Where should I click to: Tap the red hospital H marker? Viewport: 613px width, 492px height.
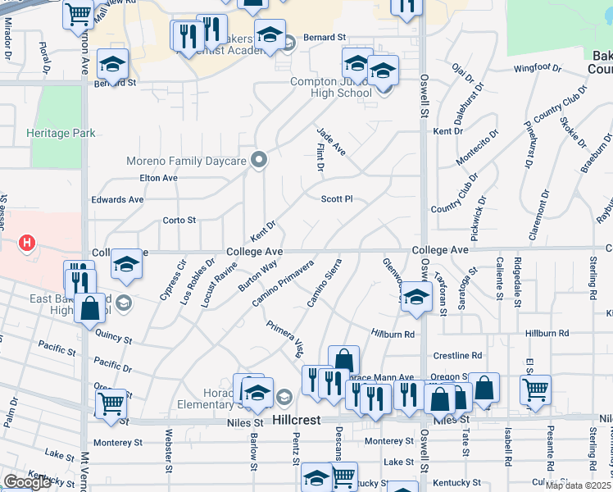click(x=27, y=243)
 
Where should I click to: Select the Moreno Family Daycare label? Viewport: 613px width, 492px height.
click(x=186, y=161)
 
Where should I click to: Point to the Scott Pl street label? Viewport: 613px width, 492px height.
click(x=337, y=198)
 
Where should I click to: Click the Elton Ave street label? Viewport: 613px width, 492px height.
click(x=159, y=178)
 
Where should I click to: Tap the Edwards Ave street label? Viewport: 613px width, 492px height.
click(x=117, y=199)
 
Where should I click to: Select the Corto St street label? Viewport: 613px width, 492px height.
click(x=179, y=220)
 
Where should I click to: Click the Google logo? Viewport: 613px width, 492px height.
click(x=27, y=482)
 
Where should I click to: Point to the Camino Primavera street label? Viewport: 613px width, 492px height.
click(x=283, y=285)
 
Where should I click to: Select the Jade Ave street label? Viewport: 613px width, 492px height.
click(x=331, y=141)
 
